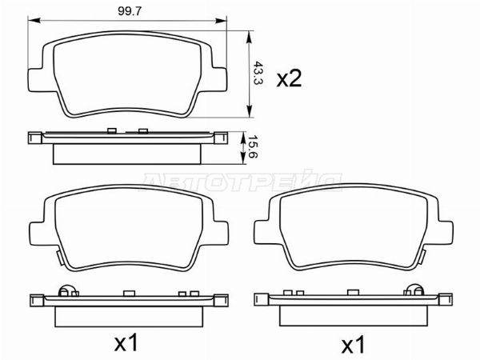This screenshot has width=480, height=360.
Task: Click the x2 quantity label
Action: (x=288, y=78)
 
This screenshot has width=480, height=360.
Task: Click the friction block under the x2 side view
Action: (x=129, y=153)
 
